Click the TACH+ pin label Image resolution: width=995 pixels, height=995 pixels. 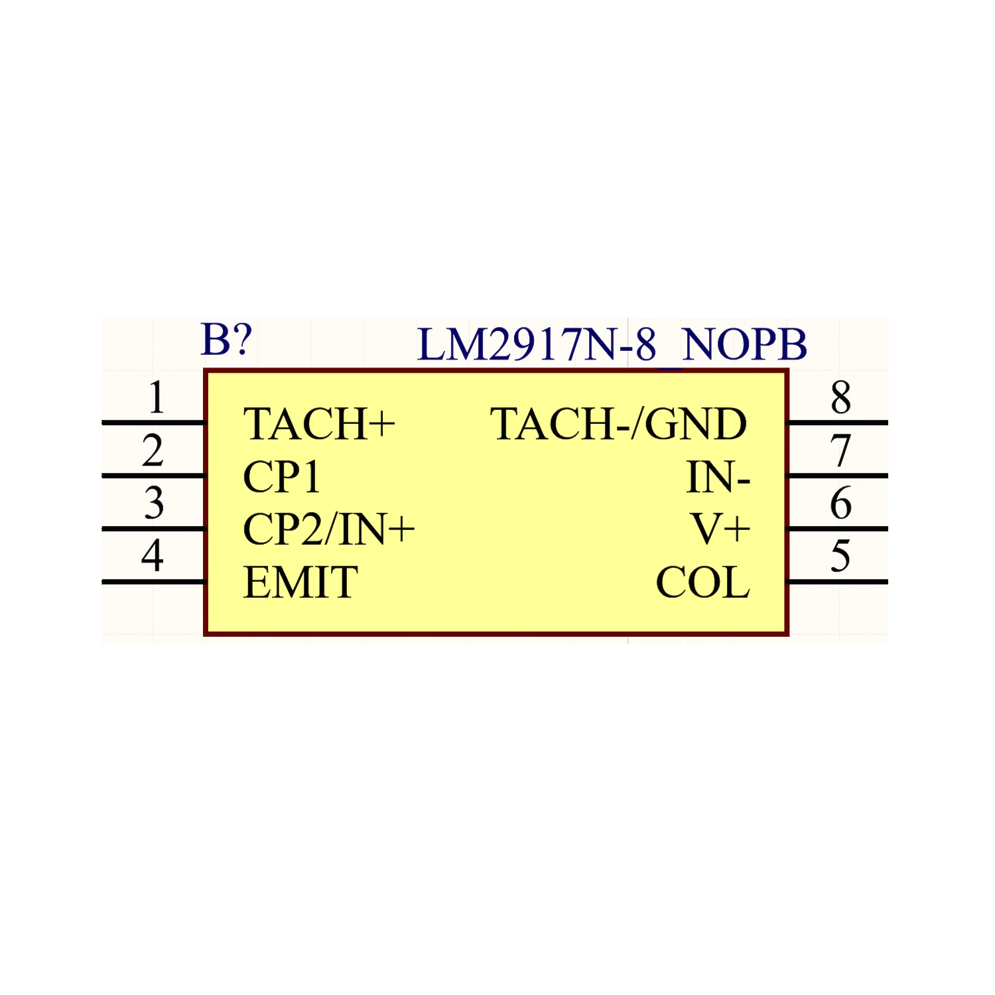(x=319, y=424)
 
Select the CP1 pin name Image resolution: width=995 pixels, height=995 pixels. (x=282, y=477)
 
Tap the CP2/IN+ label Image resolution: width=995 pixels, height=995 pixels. (x=329, y=529)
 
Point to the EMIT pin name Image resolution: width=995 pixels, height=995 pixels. (x=300, y=582)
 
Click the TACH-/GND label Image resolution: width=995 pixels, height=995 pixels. (x=618, y=424)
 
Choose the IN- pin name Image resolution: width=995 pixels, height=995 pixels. (x=718, y=477)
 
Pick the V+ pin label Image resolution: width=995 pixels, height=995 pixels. (x=720, y=529)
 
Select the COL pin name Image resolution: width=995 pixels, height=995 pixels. (x=702, y=582)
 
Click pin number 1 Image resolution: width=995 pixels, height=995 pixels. (x=156, y=397)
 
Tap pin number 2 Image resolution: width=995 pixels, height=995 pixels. (x=153, y=450)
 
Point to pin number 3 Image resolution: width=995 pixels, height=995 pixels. (x=154, y=503)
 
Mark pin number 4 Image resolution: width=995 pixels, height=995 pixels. (x=153, y=556)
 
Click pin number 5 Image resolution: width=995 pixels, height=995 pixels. (x=840, y=556)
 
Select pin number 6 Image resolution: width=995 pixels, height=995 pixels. (x=840, y=503)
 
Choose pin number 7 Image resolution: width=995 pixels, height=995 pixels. (x=840, y=450)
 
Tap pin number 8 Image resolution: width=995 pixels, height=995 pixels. (x=840, y=397)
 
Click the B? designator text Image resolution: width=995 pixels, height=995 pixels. (x=226, y=340)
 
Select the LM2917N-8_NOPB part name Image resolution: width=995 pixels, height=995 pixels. (x=612, y=345)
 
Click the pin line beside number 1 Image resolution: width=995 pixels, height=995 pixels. (x=153, y=423)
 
